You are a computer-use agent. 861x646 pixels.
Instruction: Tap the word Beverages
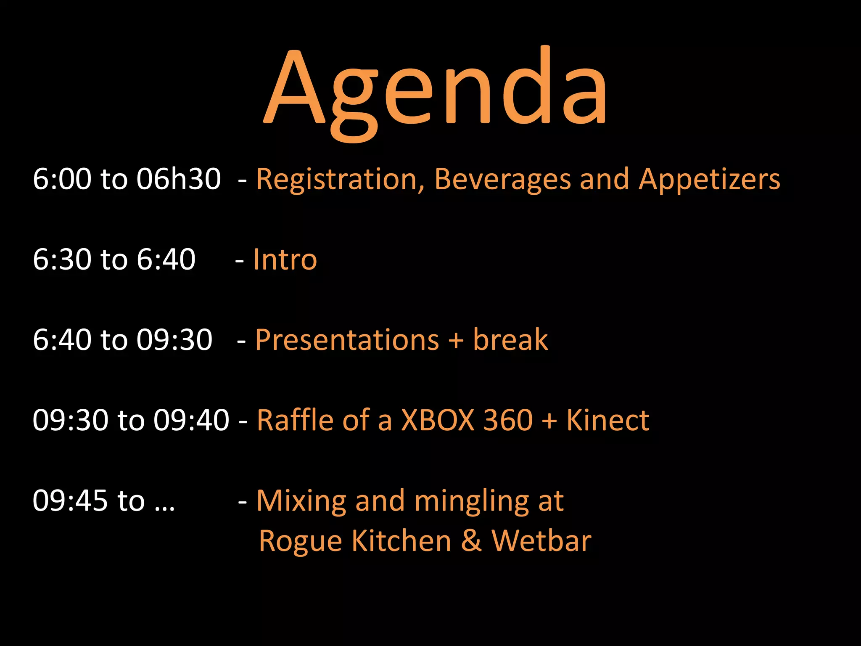click(502, 180)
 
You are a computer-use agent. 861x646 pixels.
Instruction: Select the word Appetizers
click(709, 180)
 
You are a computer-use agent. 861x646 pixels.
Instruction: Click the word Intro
click(285, 259)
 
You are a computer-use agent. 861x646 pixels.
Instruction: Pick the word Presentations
click(347, 340)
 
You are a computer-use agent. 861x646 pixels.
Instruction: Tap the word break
click(510, 340)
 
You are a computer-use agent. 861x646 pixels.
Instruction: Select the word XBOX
click(438, 420)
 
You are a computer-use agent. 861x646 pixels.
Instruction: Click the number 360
click(508, 420)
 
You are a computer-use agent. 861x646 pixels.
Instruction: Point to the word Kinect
click(608, 420)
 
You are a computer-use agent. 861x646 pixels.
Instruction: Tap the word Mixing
click(301, 501)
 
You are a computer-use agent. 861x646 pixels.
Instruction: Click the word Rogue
click(301, 542)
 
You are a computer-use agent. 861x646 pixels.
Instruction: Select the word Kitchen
click(401, 541)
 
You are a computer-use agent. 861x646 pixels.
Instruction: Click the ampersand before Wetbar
click(471, 541)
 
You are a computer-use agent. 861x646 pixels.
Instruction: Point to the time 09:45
click(70, 501)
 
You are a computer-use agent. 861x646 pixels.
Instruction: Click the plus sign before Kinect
click(549, 421)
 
